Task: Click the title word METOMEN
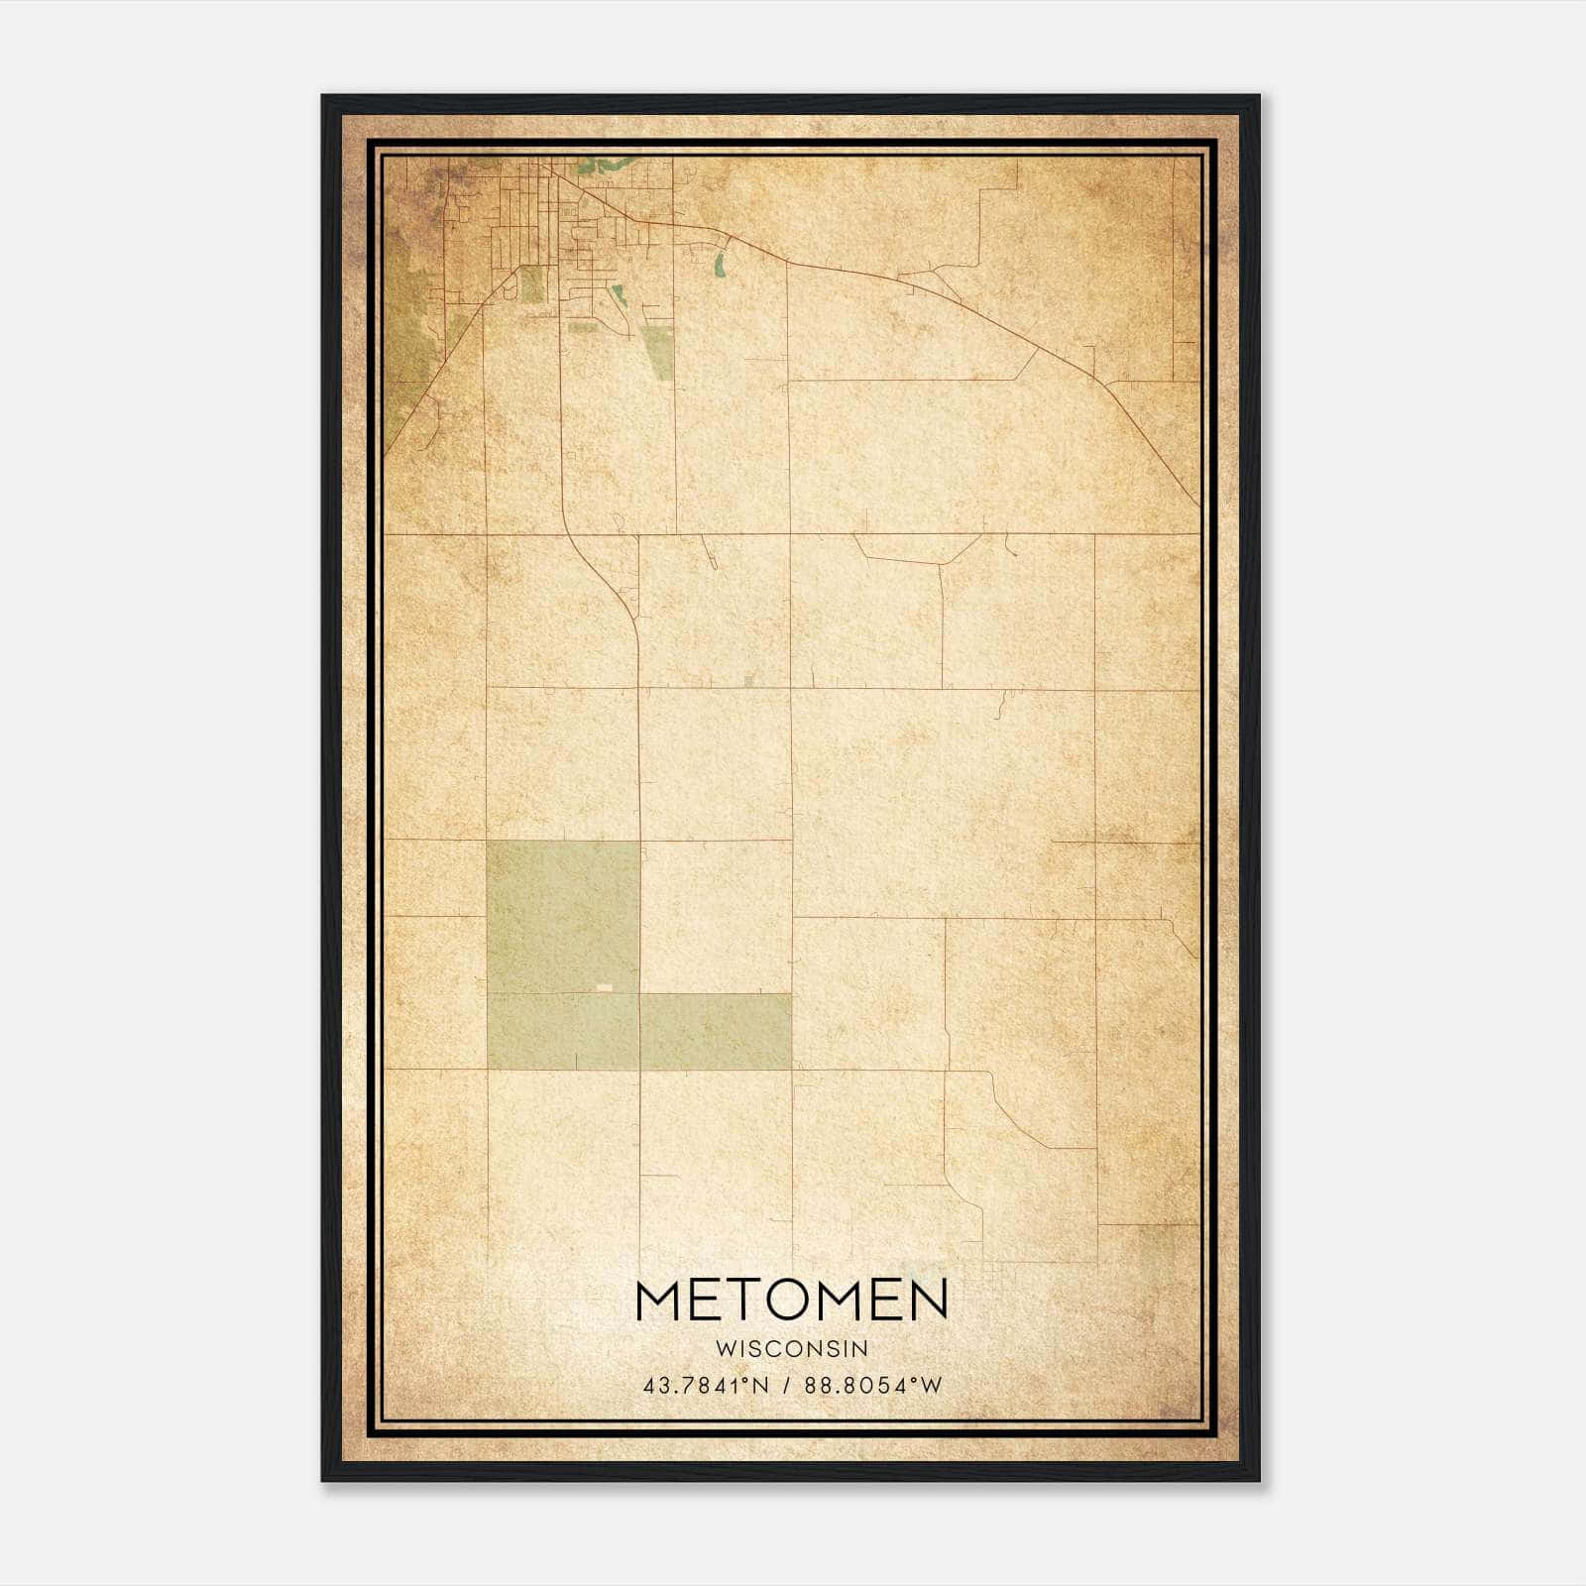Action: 792,1300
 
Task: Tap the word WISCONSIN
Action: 792,1348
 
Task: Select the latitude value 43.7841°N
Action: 706,1386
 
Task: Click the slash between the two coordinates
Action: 784,1386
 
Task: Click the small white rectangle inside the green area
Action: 603,987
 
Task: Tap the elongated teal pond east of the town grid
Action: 719,265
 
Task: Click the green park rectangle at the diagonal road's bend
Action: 532,283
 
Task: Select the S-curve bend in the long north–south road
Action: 615,585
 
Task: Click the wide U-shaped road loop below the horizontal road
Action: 917,551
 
